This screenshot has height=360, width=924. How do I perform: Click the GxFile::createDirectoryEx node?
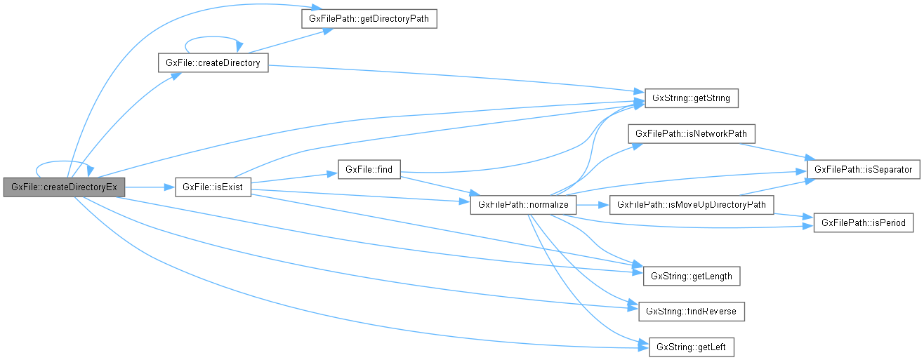64,187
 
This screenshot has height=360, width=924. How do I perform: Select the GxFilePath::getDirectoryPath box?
369,19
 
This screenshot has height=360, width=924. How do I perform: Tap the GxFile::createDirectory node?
213,63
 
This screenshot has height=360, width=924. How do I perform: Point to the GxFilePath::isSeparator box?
863,170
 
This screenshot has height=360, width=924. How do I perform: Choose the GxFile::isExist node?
213,187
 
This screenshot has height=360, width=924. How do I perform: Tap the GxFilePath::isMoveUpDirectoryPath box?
692,205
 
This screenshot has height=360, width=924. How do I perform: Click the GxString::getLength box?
692,276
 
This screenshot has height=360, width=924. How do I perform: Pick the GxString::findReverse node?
692,311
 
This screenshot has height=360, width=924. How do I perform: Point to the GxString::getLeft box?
692,347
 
